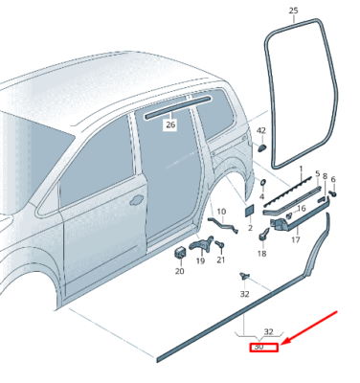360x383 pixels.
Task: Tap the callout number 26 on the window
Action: click(x=170, y=124)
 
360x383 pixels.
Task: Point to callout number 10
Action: click(x=220, y=212)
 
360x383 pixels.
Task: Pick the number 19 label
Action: click(x=201, y=260)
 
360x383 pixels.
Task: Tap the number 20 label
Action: click(x=179, y=271)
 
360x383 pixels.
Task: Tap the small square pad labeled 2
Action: click(x=248, y=210)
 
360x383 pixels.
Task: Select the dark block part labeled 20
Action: click(x=179, y=251)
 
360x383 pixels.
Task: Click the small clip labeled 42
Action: click(x=262, y=148)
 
